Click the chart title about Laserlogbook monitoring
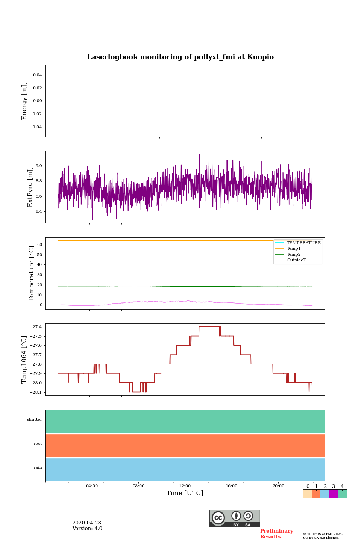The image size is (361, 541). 180,57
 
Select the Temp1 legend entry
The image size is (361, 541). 294,249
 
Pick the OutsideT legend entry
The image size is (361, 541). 296,260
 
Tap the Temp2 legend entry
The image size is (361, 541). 294,254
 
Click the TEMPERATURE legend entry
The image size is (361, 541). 303,243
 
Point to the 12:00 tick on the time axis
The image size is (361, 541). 185,486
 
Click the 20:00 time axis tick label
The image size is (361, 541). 278,486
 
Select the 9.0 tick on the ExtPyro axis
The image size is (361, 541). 39,166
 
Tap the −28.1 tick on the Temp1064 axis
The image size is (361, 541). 36,392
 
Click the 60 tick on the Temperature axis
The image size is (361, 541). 39,245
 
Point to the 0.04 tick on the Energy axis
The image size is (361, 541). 38,75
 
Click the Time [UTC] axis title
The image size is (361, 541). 185,493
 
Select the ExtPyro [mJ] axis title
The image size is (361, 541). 30,187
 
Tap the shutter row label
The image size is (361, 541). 35,420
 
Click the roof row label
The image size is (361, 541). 38,444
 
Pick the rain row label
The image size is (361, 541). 38,468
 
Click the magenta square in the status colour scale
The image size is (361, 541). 333,494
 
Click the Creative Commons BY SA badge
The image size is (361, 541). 235,518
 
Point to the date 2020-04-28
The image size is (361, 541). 86,523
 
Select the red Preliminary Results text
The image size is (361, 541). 276,534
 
